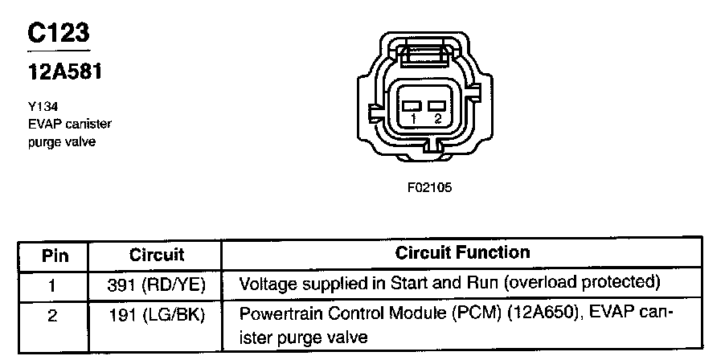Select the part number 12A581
64,72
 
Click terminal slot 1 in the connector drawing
412,106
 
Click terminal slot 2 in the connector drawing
437,106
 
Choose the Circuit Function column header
463,253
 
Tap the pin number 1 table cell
53,284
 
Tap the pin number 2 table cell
53,316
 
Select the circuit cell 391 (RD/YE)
157,284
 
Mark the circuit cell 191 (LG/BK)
157,316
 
